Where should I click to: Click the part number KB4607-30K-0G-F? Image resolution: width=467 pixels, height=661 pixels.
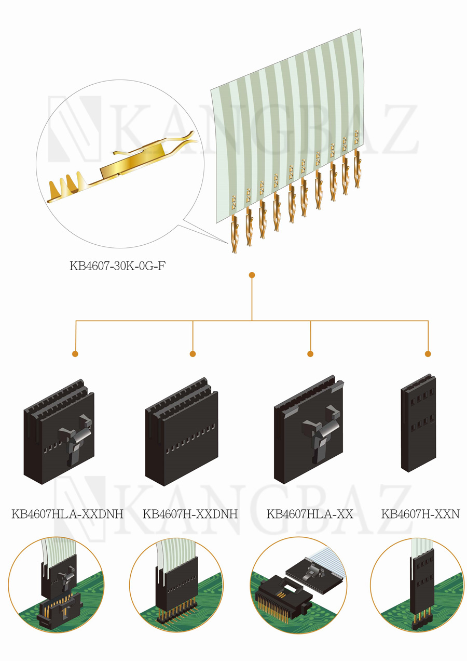pos(118,266)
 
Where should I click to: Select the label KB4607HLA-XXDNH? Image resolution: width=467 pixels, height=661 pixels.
pos(67,514)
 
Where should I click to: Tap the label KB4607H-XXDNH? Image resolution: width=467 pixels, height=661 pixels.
pos(190,514)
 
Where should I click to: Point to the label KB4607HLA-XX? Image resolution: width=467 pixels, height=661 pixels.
pos(310,514)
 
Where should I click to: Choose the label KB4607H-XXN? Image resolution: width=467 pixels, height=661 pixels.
pos(420,514)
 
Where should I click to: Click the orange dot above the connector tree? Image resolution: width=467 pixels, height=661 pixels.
pos(252,275)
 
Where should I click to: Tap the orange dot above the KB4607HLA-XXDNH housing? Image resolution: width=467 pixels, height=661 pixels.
pos(75,353)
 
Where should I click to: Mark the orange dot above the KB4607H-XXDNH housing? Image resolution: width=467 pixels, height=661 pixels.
pos(193,353)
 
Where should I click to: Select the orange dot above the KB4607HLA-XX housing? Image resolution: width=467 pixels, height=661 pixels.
pos(310,353)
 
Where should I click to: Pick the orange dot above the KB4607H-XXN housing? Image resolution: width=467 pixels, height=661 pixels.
pos(428,353)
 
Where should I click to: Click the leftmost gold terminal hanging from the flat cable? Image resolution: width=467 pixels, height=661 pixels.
pos(235,234)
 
